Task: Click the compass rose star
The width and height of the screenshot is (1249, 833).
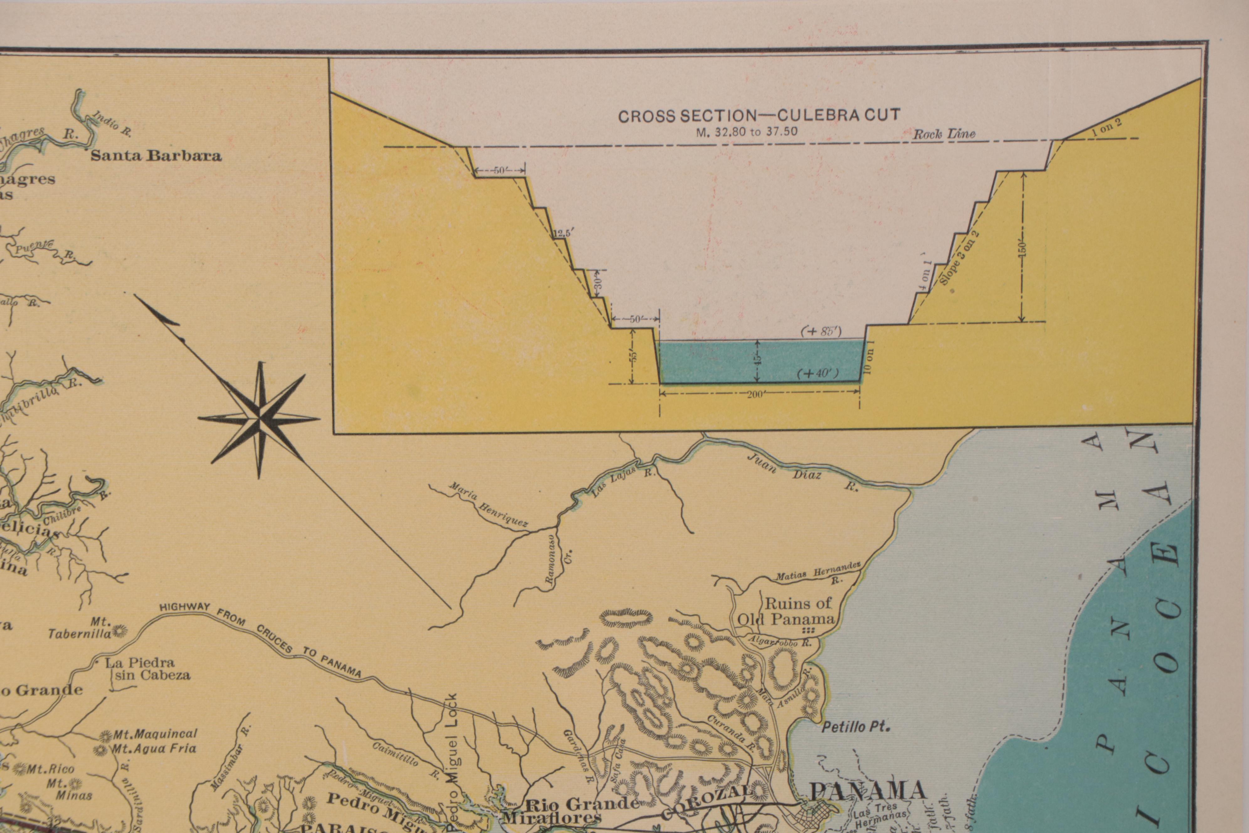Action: coord(260,419)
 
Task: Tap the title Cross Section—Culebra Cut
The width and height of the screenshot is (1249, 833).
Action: coord(759,116)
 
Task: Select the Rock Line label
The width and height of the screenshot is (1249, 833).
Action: coord(944,134)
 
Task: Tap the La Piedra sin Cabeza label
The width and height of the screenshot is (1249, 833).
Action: coord(147,669)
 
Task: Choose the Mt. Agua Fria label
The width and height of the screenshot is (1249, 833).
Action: coord(153,749)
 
